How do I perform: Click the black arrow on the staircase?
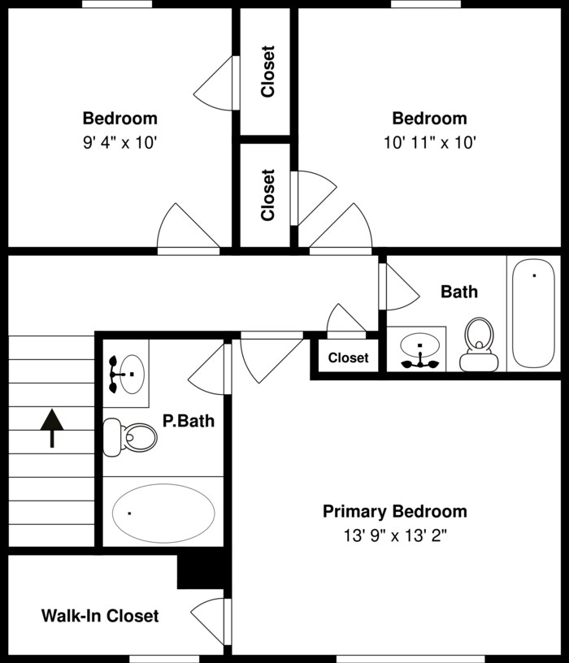click(x=52, y=427)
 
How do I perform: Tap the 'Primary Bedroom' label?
click(x=395, y=511)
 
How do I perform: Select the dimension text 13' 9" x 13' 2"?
click(x=395, y=535)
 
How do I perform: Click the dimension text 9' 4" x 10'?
click(x=120, y=142)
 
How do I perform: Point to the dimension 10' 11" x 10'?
click(x=430, y=142)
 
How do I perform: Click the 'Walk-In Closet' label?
click(x=100, y=616)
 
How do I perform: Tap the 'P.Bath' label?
click(x=189, y=421)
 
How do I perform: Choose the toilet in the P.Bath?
click(x=130, y=437)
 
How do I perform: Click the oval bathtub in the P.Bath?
click(x=163, y=513)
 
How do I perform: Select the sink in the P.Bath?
click(x=127, y=375)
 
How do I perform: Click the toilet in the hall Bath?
click(x=479, y=344)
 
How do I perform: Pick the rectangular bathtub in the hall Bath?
click(x=533, y=314)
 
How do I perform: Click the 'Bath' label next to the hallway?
click(x=459, y=292)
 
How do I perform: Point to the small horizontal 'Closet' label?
click(x=348, y=357)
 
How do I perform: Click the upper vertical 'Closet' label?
click(x=267, y=71)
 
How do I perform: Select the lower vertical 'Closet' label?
click(x=267, y=195)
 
